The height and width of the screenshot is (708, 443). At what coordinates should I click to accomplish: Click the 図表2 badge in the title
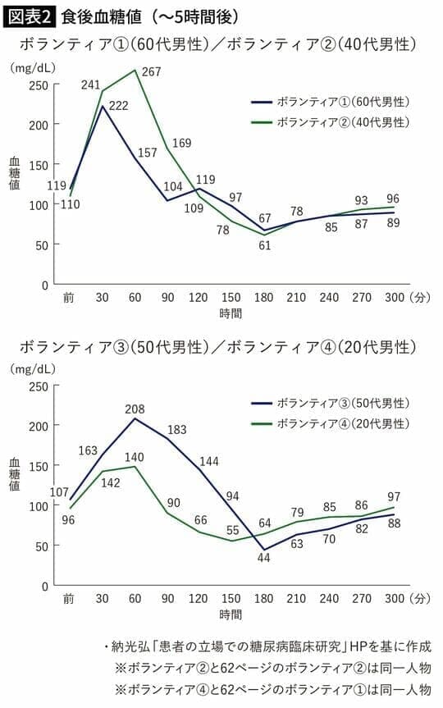click(30, 15)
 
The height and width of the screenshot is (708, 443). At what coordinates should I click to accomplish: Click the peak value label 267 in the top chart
click(153, 72)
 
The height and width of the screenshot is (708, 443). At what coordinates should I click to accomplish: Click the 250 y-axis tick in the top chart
click(38, 85)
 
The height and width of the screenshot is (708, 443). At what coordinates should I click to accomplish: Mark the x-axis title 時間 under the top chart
click(231, 313)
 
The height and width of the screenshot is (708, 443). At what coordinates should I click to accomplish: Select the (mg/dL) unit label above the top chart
click(31, 68)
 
